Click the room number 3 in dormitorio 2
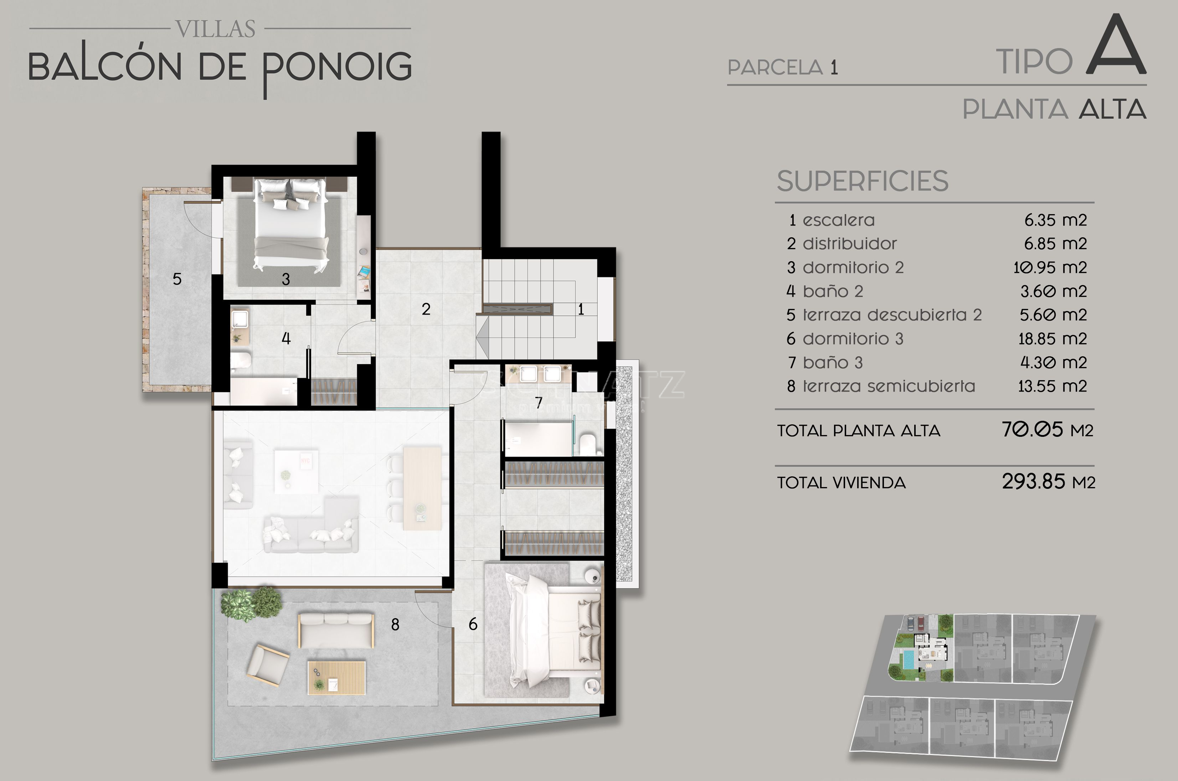click(286, 279)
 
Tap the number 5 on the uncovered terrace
click(177, 279)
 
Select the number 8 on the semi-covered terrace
click(395, 625)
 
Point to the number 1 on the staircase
click(581, 309)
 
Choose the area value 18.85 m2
click(1053, 339)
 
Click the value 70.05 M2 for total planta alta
click(1048, 429)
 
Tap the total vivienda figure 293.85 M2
click(1049, 482)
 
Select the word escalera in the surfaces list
click(839, 220)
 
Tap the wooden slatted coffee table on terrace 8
click(336, 677)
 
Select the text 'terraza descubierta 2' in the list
click(892, 315)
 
